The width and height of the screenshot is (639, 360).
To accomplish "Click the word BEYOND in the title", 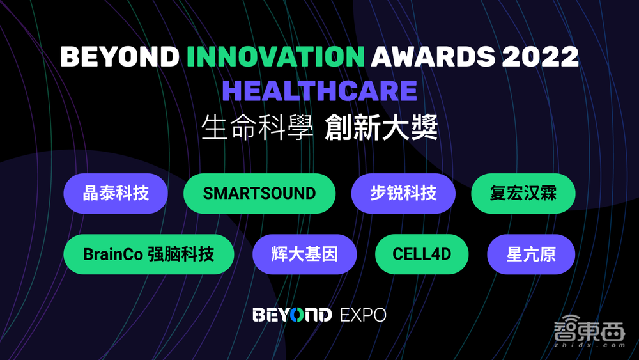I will [119, 57].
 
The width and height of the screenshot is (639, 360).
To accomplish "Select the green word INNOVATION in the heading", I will [276, 57].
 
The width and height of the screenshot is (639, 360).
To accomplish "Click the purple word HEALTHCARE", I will [319, 91].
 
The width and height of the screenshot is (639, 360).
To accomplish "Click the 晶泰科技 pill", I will [116, 193].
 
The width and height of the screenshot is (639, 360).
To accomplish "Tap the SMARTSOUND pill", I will [259, 193].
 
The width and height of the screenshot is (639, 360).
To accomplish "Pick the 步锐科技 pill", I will [403, 193].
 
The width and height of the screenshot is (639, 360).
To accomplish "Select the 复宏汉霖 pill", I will [523, 193].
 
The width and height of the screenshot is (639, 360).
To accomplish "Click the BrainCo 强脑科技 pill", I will [149, 254].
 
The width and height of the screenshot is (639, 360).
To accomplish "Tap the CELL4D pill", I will [422, 254].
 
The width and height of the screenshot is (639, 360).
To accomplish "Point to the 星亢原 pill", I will [531, 254].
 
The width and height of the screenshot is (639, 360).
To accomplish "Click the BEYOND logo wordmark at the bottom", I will [292, 315].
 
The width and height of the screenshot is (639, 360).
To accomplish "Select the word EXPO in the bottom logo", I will [363, 315].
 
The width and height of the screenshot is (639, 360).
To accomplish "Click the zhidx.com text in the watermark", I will [591, 346].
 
